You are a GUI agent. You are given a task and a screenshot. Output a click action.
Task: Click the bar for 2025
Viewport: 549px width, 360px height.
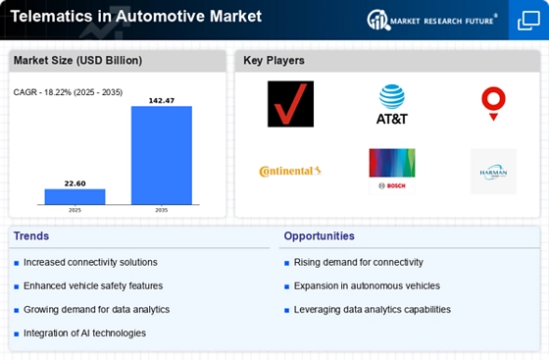click(x=75, y=196)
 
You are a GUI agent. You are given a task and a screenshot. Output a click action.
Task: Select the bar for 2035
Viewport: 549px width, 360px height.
click(x=162, y=155)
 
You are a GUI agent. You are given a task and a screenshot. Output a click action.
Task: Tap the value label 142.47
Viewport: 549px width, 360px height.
click(x=162, y=100)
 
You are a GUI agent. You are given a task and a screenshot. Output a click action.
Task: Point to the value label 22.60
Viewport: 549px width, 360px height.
click(x=75, y=183)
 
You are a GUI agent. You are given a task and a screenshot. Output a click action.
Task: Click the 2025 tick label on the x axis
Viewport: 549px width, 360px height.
click(x=75, y=210)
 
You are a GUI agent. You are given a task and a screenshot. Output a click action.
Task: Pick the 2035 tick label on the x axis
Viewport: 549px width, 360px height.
click(x=162, y=210)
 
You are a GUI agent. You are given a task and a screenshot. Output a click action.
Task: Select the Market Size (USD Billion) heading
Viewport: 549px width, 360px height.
click(x=77, y=60)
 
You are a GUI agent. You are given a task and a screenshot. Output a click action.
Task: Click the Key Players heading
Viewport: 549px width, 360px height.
click(x=274, y=60)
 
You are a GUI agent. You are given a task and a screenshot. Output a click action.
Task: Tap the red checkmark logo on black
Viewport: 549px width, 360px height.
click(x=290, y=104)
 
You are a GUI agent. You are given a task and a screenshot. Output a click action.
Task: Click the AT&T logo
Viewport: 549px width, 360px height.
click(x=392, y=104)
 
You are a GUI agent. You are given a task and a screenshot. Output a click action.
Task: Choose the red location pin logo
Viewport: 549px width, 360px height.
click(x=493, y=104)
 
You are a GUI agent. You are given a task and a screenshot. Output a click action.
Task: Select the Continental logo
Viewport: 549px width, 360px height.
click(x=290, y=171)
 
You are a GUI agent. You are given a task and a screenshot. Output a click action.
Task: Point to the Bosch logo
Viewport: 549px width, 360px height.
click(x=392, y=171)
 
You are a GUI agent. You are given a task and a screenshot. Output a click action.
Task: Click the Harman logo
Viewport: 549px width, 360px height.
click(x=493, y=172)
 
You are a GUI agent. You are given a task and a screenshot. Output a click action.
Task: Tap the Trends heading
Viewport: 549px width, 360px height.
click(x=31, y=236)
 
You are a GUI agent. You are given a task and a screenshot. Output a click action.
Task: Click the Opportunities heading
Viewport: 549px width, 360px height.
click(x=319, y=236)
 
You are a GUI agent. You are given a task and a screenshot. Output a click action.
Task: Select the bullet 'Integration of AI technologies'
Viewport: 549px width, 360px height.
click(x=84, y=334)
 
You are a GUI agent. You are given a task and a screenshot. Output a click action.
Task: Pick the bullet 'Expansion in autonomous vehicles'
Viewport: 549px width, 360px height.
click(x=367, y=285)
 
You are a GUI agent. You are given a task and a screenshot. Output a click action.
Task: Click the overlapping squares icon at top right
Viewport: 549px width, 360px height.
click(x=528, y=21)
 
